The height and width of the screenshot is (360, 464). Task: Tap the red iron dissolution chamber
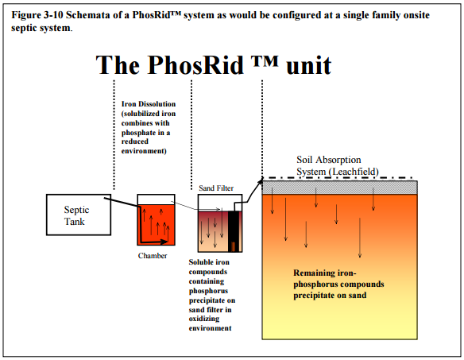(x=156, y=225)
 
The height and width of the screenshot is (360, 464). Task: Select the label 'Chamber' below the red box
(x=153, y=256)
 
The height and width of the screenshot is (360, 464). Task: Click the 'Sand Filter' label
(x=216, y=188)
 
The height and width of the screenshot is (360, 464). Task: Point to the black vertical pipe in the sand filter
(x=233, y=231)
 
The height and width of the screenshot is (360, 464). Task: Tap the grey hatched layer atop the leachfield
(x=340, y=188)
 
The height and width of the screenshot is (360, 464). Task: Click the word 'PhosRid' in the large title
(x=195, y=65)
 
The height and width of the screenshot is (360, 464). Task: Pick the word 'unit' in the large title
(x=308, y=65)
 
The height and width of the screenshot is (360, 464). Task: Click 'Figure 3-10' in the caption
(x=37, y=15)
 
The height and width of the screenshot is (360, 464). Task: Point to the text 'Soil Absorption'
(x=329, y=160)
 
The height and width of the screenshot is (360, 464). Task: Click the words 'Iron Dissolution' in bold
(x=149, y=104)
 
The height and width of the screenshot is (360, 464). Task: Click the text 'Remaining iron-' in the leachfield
(x=325, y=273)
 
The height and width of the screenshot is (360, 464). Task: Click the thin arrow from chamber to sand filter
(x=196, y=206)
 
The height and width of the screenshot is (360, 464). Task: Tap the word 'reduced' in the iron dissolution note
(x=135, y=141)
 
